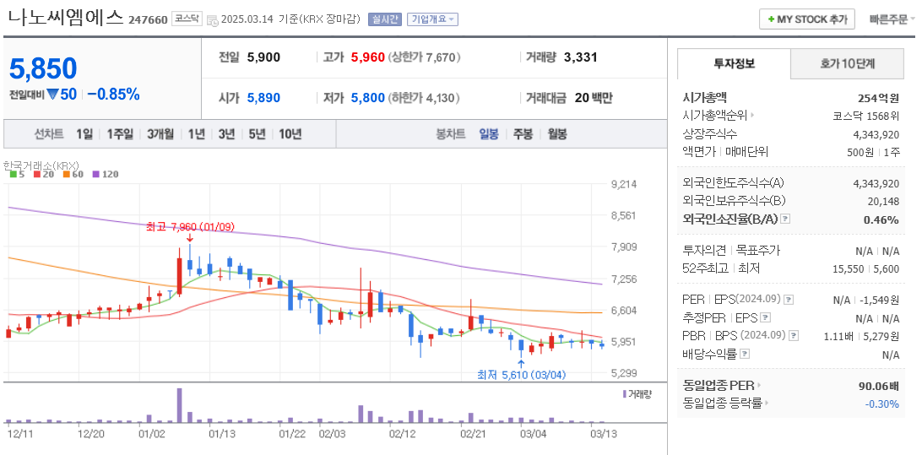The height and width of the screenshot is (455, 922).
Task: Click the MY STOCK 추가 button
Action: [807, 19]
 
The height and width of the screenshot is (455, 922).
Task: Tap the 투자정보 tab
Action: [734, 63]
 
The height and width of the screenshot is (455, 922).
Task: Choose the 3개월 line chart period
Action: [160, 133]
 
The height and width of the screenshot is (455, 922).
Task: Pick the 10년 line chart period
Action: [290, 133]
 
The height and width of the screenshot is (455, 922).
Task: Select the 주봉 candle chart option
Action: [523, 133]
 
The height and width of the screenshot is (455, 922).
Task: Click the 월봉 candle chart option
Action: [556, 133]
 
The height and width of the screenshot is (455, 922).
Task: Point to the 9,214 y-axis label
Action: [622, 184]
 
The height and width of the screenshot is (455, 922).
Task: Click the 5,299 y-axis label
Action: [622, 373]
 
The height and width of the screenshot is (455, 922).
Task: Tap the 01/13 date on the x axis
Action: [221, 434]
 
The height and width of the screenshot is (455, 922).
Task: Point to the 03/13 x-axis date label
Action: [603, 434]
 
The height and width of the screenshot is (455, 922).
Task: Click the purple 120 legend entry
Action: [106, 175]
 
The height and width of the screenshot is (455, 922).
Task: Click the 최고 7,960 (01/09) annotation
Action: [189, 226]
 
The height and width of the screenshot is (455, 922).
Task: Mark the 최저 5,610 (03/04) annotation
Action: [520, 375]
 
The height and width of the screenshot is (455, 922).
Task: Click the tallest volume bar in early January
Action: [179, 405]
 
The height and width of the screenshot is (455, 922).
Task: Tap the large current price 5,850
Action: [43, 68]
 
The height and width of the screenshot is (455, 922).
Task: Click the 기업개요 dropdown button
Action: [432, 19]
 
